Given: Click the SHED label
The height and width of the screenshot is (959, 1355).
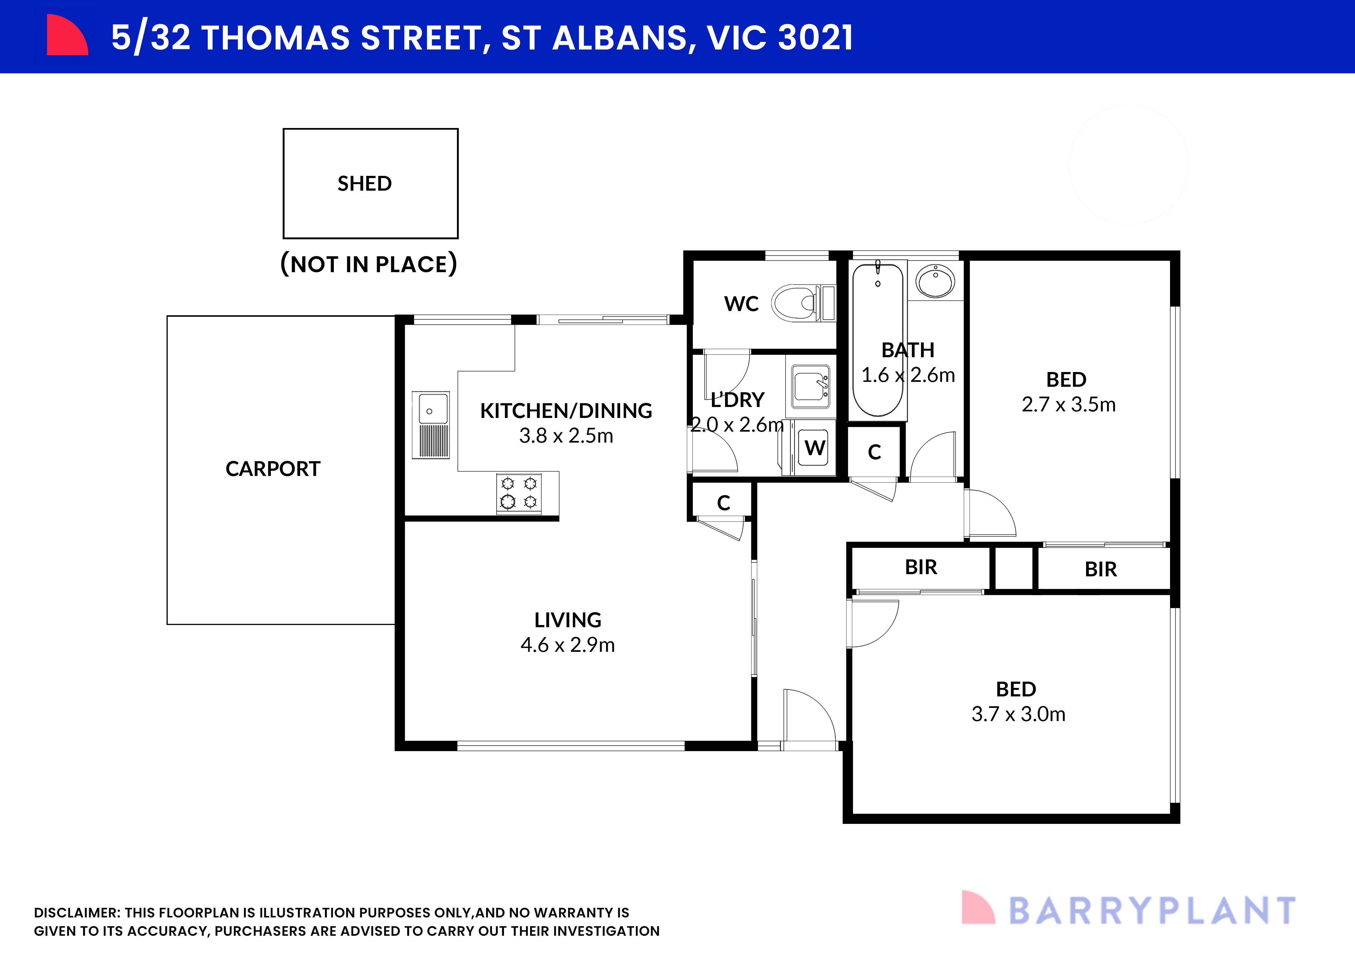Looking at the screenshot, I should [x=364, y=184].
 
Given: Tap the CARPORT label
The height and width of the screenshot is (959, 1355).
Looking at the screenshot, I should [x=273, y=469].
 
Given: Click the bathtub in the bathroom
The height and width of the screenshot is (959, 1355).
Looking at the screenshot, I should [x=878, y=339].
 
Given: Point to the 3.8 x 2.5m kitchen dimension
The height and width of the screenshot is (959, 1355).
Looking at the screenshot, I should [x=566, y=436].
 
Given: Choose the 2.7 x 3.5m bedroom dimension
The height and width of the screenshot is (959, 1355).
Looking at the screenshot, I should [x=1068, y=405].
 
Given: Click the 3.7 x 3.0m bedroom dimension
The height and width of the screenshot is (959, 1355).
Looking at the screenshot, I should [x=1018, y=714].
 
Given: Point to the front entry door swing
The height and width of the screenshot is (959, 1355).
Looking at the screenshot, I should [x=808, y=717].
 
